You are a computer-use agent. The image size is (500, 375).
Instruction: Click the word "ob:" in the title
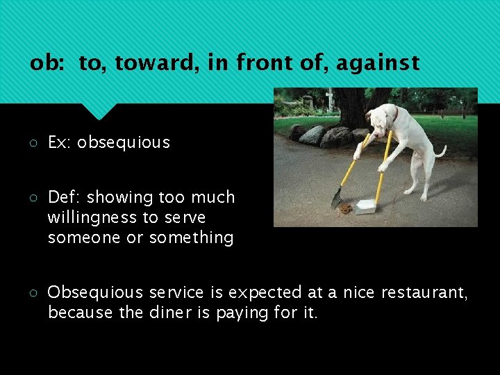click(x=48, y=64)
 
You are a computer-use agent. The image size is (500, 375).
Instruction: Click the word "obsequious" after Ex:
click(x=123, y=142)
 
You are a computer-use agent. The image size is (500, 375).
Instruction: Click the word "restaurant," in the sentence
click(x=426, y=293)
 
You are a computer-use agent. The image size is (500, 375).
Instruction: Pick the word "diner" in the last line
click(x=170, y=312)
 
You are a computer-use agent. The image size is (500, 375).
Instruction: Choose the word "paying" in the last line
click(x=242, y=313)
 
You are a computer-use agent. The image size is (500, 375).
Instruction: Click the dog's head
click(x=381, y=116)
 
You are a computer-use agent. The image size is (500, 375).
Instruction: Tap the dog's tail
click(x=440, y=151)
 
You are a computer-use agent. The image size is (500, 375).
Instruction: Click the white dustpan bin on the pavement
click(x=365, y=206)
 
